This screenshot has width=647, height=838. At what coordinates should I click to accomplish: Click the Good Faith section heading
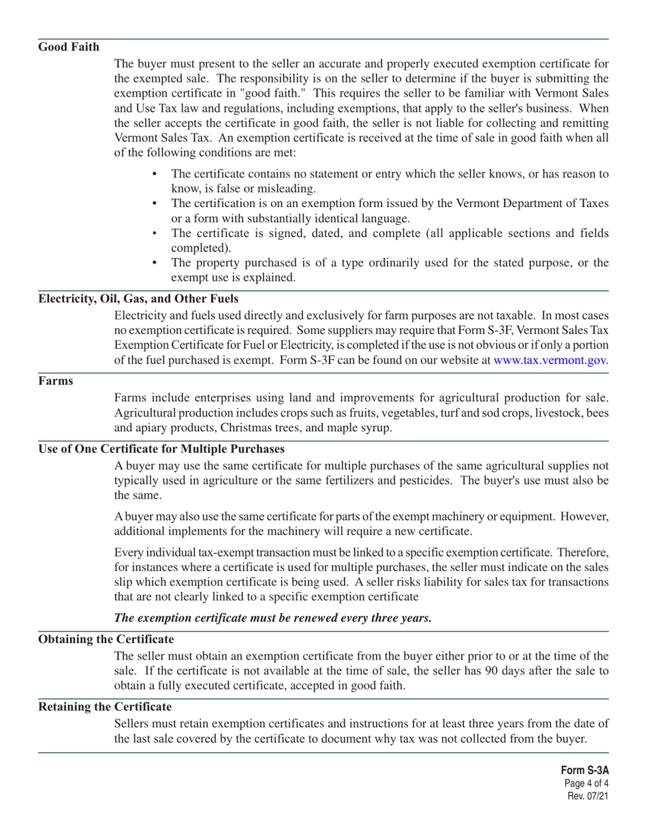tap(69, 47)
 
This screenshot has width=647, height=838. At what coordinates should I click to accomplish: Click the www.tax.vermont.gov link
tap(550, 360)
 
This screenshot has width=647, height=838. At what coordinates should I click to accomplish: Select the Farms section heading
tap(56, 381)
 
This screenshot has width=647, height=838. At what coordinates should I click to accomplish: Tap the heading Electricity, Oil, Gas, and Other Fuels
tap(138, 299)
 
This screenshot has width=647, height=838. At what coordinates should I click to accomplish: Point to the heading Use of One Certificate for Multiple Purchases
tap(161, 449)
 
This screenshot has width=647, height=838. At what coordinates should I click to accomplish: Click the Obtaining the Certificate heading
tap(106, 639)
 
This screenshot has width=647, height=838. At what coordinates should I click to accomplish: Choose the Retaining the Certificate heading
tap(105, 707)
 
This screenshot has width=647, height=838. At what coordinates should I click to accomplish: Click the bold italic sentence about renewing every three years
tap(272, 618)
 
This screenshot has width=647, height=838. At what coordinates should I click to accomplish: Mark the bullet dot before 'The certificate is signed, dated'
tap(155, 234)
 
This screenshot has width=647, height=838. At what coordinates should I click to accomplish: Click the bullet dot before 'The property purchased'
tap(155, 263)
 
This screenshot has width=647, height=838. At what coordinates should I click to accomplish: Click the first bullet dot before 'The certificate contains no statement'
tap(155, 174)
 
